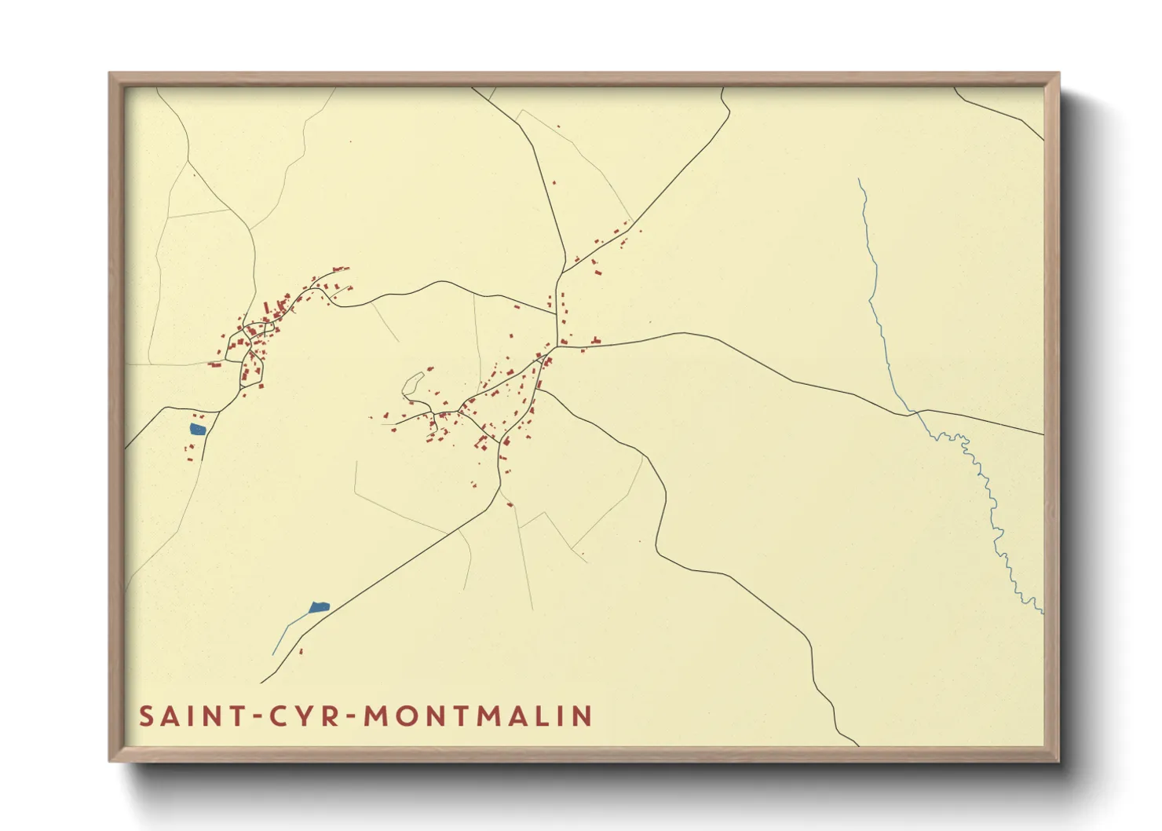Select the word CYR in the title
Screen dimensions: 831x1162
[301, 716]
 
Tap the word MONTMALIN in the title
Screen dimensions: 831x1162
[478, 716]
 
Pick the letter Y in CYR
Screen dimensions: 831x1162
[301, 716]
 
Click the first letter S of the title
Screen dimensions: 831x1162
[147, 716]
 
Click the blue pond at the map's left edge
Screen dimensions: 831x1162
[197, 429]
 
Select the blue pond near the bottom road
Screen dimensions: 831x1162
[319, 607]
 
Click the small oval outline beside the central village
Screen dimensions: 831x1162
[413, 383]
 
